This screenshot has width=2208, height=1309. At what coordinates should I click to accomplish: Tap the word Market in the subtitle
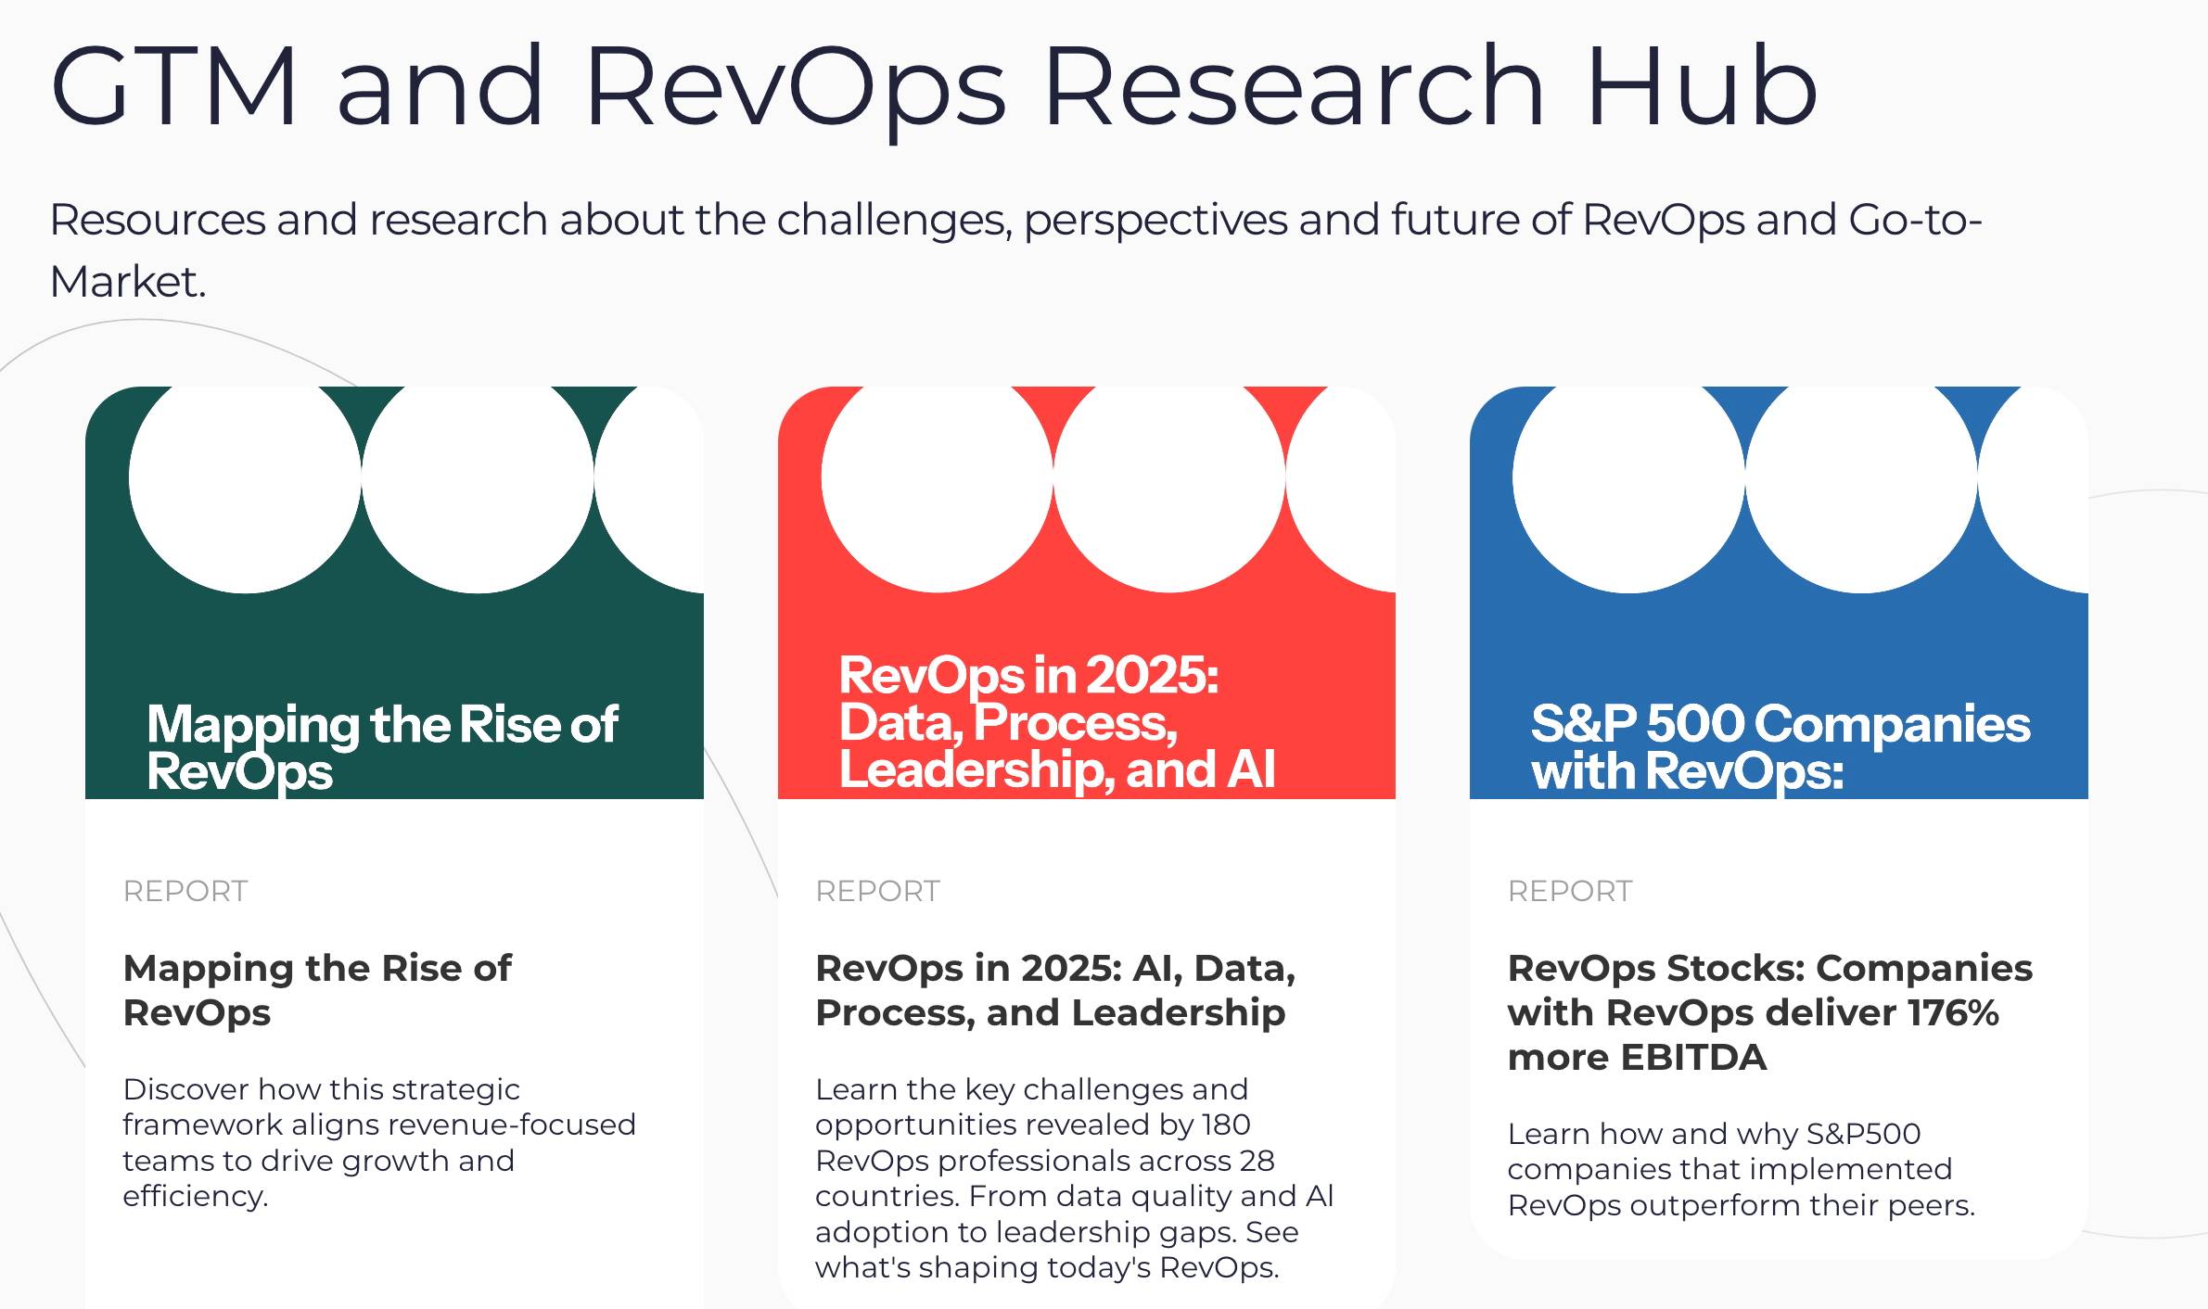126,282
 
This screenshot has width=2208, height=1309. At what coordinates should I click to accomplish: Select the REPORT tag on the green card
185,891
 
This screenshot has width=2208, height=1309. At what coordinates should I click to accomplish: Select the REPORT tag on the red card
877,891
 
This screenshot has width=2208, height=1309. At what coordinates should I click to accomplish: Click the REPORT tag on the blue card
1570,891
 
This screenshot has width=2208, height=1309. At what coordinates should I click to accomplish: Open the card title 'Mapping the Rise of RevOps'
316,990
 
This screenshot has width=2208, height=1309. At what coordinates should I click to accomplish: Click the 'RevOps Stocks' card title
1769,968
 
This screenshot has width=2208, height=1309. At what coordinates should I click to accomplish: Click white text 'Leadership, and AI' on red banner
1057,769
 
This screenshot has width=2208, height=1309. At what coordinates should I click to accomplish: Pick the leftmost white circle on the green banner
245,477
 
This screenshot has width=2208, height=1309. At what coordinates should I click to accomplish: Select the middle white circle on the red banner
1169,477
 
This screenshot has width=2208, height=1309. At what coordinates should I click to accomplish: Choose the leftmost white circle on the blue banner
1628,477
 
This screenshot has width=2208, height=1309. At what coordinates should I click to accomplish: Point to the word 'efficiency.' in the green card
195,1196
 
